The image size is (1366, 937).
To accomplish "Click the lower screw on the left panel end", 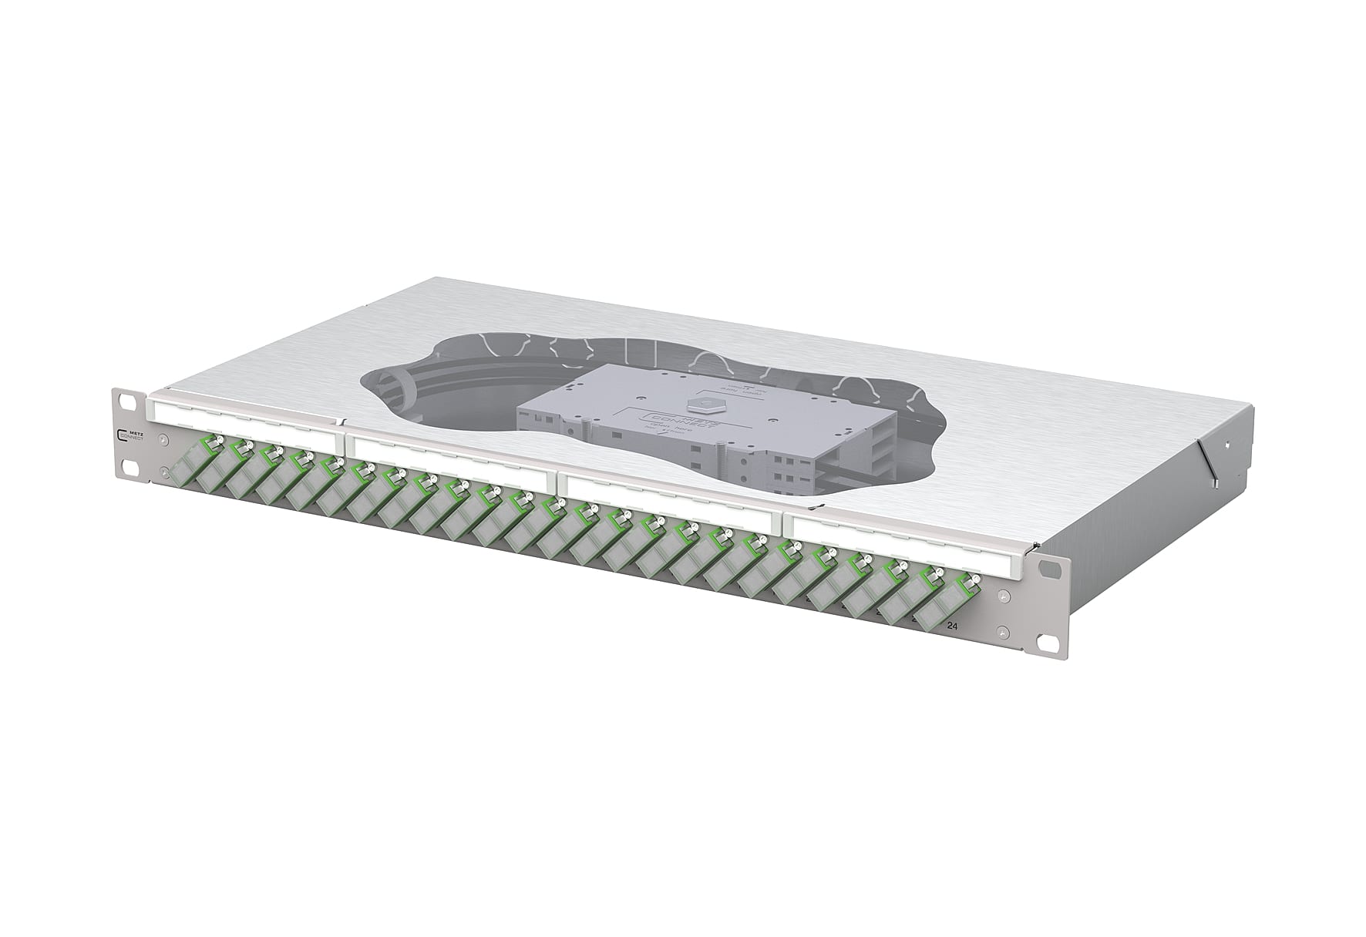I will coord(163,472).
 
